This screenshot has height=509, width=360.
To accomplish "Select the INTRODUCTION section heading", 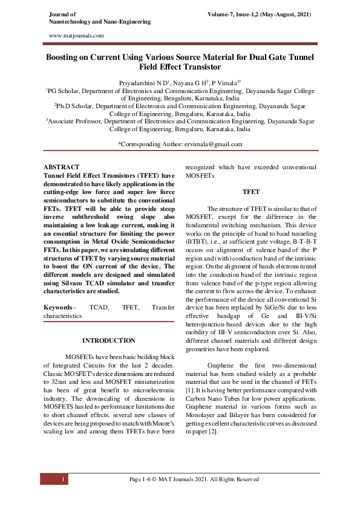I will pos(109,341).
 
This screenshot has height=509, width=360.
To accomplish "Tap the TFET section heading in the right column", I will pos(250,192).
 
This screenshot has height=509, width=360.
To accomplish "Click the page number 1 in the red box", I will pos(63,479).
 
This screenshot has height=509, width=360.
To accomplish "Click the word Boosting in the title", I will pos(70,57).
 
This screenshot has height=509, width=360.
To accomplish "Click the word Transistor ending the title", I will pos(197,67).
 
